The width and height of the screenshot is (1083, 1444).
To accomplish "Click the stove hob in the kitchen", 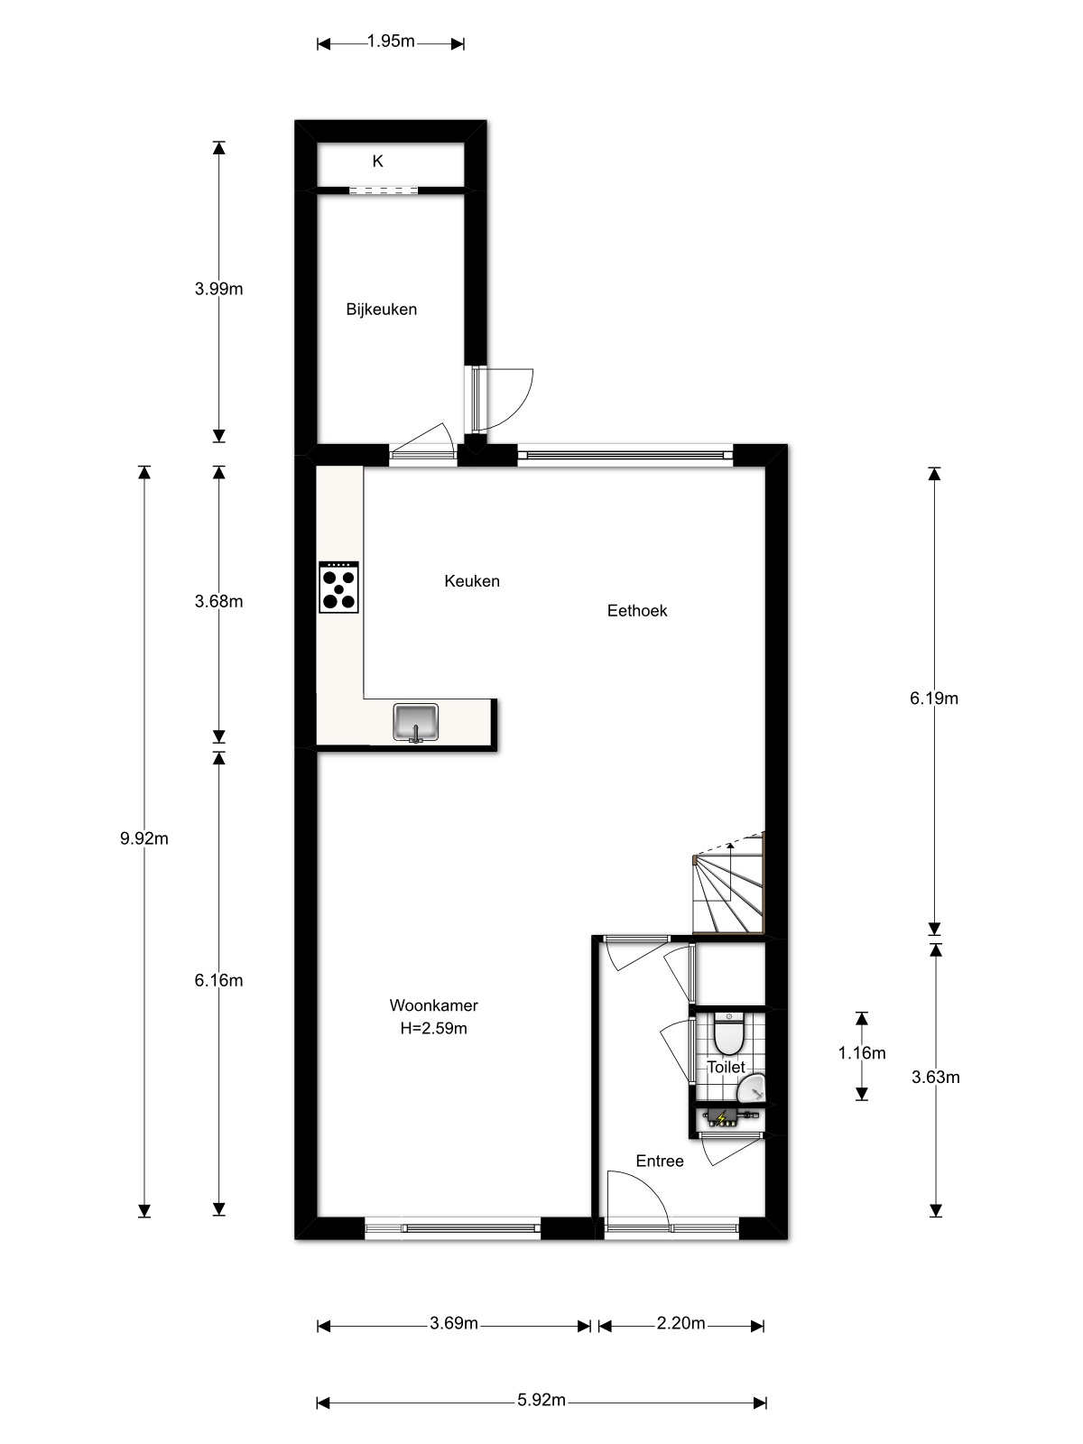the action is [x=338, y=587].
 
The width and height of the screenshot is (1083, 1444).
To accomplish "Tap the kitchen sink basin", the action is [x=415, y=722].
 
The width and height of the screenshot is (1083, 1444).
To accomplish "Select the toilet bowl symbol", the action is [x=728, y=1033].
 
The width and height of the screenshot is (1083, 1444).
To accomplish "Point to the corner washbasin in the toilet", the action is [x=753, y=1088].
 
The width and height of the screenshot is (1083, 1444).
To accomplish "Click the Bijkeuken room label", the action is [x=382, y=310].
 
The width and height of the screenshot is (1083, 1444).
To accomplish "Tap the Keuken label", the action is [x=472, y=581].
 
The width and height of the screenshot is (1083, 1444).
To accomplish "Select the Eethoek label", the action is [x=637, y=610].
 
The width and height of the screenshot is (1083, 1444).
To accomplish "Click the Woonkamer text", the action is [x=434, y=1005].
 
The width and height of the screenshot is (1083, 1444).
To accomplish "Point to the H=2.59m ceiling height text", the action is [x=434, y=1028].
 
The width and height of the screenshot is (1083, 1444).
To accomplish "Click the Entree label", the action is [x=660, y=1162].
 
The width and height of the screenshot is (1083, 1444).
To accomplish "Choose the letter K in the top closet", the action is [x=377, y=162].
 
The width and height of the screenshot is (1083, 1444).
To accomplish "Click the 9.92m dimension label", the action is [x=144, y=838].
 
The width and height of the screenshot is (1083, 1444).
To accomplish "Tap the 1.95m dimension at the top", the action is [x=391, y=42].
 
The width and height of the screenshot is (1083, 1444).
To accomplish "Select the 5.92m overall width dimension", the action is [x=541, y=1400].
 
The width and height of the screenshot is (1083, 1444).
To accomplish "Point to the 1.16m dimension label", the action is [x=861, y=1053].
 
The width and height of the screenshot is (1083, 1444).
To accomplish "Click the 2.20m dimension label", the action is [x=680, y=1323].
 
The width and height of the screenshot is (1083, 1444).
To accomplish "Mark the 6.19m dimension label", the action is [x=934, y=699].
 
